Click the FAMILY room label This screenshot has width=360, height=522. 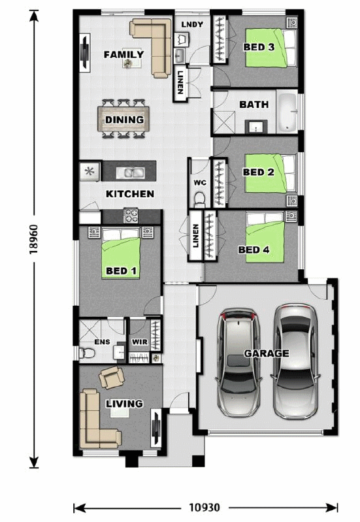point(124,54)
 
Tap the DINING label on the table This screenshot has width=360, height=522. point(125,120)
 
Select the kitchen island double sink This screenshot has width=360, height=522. point(130,172)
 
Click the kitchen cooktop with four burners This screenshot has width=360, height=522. point(131,216)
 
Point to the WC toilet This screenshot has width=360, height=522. point(200,199)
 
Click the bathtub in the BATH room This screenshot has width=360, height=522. point(287,112)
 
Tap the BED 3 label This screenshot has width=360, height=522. point(259,47)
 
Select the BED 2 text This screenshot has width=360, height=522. point(259,172)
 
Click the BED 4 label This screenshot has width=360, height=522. point(254,250)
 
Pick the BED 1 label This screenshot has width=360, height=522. point(122,271)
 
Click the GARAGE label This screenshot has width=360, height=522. point(267,353)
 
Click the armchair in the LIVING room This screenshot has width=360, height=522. point(112,377)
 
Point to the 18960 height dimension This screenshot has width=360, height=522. point(34,239)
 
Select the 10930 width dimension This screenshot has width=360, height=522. point(205,508)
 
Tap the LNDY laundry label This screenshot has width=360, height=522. point(192,25)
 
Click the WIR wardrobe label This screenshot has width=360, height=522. point(140,342)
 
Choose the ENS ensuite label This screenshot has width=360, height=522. point(102,342)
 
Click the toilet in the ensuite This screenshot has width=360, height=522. point(84,353)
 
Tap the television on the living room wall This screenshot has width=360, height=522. point(155,427)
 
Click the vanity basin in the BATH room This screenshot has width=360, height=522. point(256,127)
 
